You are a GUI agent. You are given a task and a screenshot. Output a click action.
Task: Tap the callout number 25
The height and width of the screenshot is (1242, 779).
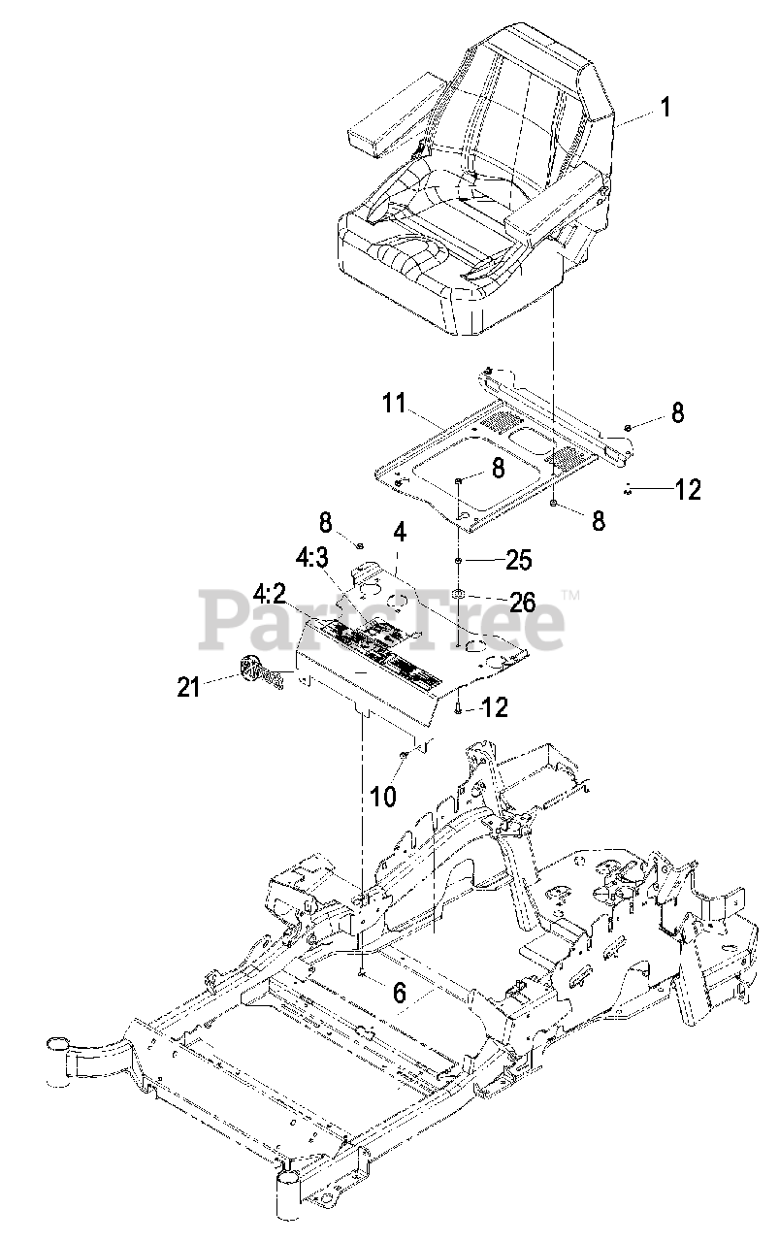(519, 560)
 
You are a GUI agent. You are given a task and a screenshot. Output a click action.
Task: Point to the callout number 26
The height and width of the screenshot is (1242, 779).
(522, 602)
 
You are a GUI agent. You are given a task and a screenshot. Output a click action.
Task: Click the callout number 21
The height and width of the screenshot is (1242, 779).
(188, 686)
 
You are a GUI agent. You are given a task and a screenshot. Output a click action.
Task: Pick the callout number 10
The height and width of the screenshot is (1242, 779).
(384, 797)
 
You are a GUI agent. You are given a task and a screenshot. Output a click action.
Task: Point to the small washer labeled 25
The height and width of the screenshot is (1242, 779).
(459, 561)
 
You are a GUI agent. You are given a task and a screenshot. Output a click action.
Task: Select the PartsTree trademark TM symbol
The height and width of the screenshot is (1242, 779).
(570, 594)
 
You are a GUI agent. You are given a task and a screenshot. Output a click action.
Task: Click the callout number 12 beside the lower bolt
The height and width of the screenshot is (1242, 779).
(495, 709)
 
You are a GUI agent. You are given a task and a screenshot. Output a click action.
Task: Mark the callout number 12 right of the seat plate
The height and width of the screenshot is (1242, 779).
(687, 490)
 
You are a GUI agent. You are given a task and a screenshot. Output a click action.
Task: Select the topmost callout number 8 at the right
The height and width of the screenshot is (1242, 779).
(677, 413)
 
